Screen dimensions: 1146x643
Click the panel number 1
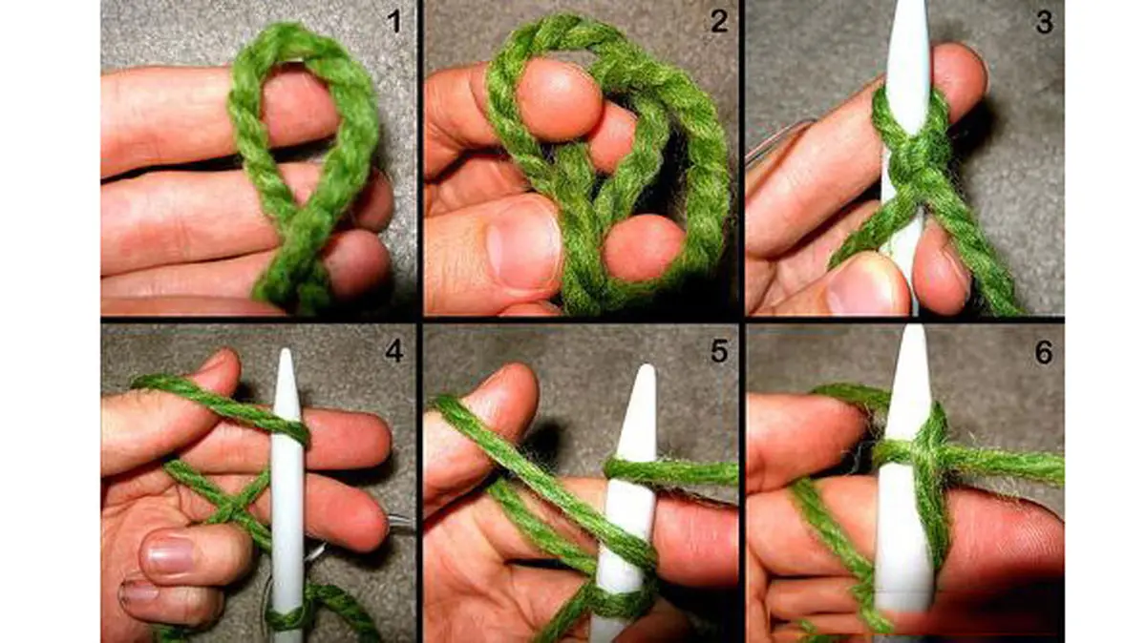point(393,22)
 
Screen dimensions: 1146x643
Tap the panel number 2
point(719,22)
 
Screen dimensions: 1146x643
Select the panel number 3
point(1044,22)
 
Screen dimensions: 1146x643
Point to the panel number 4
point(393,351)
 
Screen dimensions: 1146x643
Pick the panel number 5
point(719,351)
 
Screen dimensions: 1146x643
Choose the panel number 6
point(1044,352)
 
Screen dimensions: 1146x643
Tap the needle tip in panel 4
point(286,350)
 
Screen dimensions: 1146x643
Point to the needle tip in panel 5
point(647,366)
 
